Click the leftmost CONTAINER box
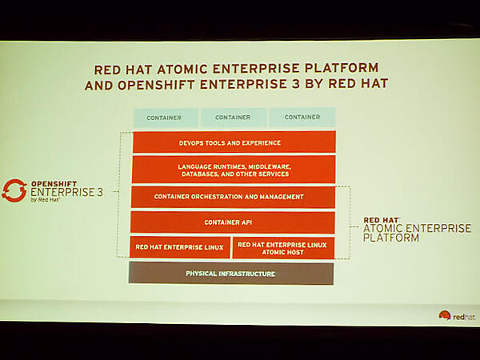[164, 118]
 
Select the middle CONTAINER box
[233, 118]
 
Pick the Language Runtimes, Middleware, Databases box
[233, 170]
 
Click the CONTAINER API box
[232, 222]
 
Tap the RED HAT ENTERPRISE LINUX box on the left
[180, 247]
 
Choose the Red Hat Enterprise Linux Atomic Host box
[283, 247]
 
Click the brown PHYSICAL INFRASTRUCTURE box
[230, 274]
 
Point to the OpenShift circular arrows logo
[14, 190]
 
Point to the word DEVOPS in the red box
[196, 142]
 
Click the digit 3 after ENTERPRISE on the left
[98, 192]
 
